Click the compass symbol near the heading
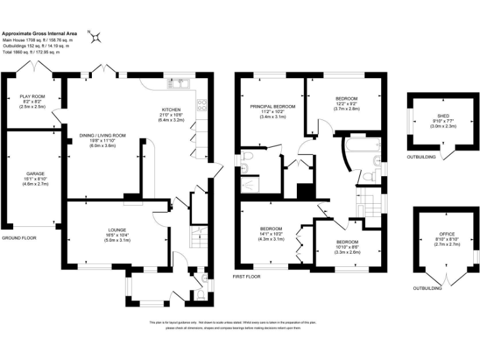point(96,37)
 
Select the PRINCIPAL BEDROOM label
point(272,107)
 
